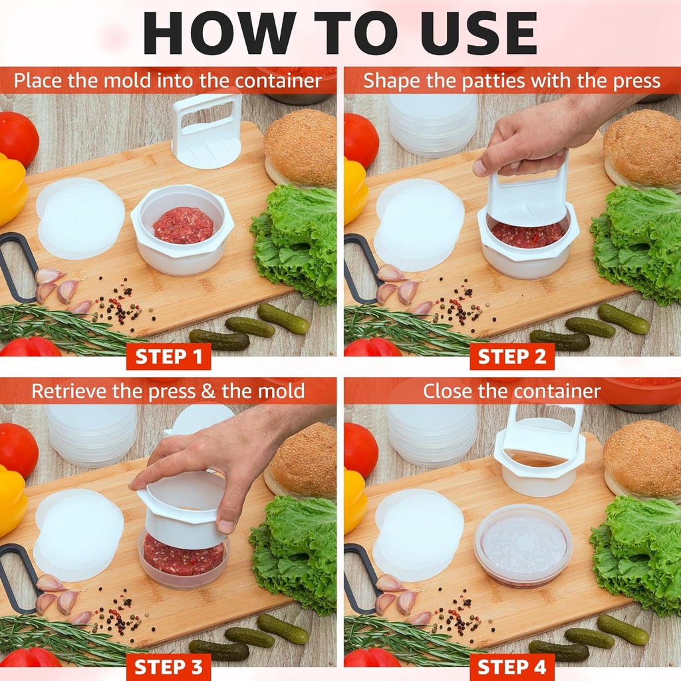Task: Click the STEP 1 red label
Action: point(168,357)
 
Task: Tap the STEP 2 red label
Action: point(511,357)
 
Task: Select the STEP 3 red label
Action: point(168,667)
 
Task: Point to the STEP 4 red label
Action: point(511,667)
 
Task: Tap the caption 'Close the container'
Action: point(511,391)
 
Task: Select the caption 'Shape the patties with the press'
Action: point(511,81)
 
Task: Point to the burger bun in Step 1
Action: point(300,148)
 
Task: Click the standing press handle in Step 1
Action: point(206,130)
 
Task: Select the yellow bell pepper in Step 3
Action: point(12,499)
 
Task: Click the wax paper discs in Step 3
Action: point(78,532)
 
